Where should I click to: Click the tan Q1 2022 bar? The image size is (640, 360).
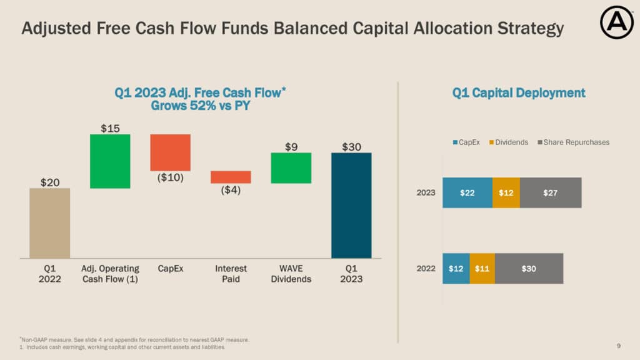pyautogui.click(x=50, y=223)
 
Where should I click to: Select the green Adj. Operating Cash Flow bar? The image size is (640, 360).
pyautogui.click(x=110, y=161)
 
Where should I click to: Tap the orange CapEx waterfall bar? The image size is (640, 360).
pyautogui.click(x=170, y=152)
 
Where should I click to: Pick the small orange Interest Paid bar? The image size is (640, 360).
pyautogui.click(x=231, y=177)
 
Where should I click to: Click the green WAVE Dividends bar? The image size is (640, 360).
pyautogui.click(x=291, y=168)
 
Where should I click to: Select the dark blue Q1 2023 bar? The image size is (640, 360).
pyautogui.click(x=351, y=206)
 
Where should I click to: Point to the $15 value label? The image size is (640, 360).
pyautogui.click(x=110, y=128)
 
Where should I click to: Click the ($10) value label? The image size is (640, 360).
pyautogui.click(x=170, y=177)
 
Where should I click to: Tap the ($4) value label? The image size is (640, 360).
pyautogui.click(x=231, y=190)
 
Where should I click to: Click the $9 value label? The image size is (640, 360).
pyautogui.click(x=291, y=147)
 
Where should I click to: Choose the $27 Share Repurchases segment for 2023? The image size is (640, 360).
pyautogui.click(x=550, y=192)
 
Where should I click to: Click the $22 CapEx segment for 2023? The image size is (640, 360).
pyautogui.click(x=467, y=192)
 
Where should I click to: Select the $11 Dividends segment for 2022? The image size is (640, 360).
pyautogui.click(x=482, y=269)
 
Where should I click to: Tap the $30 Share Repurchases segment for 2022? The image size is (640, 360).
pyautogui.click(x=529, y=269)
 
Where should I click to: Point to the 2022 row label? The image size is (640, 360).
pyautogui.click(x=426, y=269)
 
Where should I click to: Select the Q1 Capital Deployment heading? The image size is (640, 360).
pyautogui.click(x=519, y=93)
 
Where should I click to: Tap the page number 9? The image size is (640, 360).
pyautogui.click(x=618, y=346)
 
